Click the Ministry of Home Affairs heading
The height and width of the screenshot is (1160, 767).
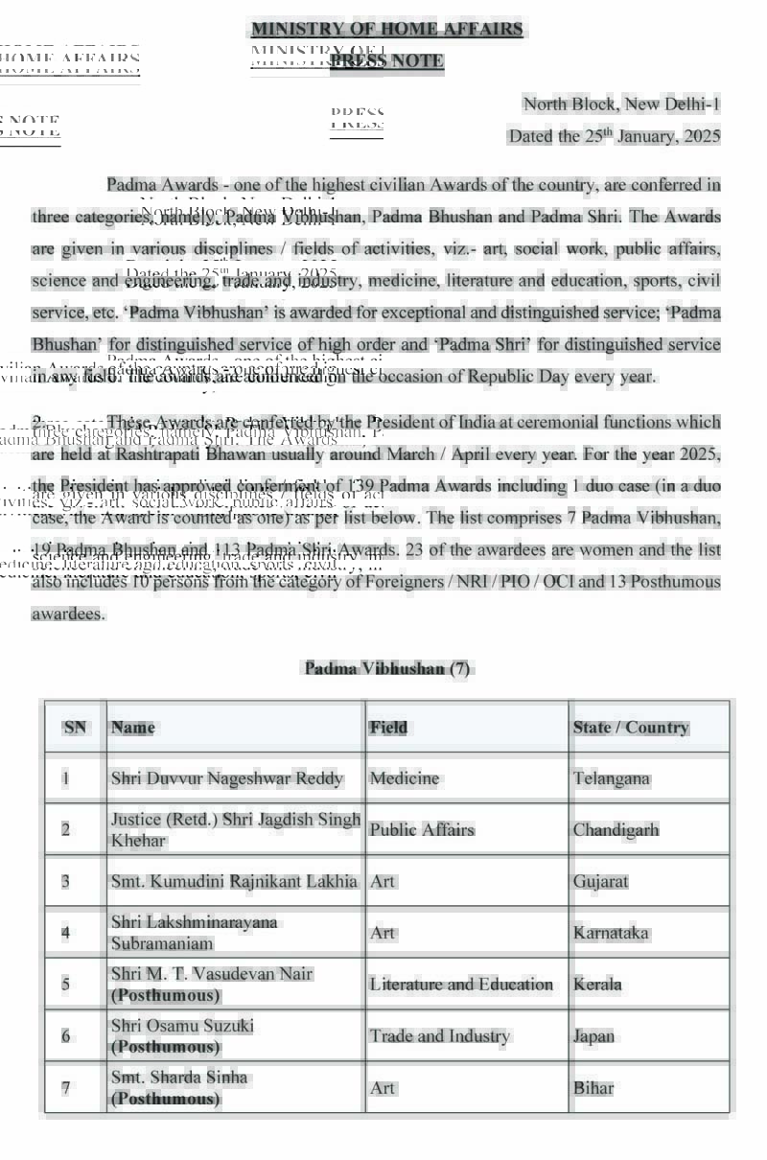tap(387, 29)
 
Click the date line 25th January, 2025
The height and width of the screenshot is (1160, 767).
tap(614, 136)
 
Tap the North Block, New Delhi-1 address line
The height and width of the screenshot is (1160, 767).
tap(621, 104)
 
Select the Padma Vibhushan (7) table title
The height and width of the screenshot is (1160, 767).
tap(387, 668)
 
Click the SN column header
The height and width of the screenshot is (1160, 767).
tap(75, 728)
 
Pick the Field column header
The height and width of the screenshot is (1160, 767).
tap(388, 728)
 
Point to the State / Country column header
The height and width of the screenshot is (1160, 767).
tap(631, 728)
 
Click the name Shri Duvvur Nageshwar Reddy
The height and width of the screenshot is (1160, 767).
tap(227, 778)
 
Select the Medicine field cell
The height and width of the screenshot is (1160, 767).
tap(405, 778)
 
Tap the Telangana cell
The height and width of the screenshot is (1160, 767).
tap(612, 778)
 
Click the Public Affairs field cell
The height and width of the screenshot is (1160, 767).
tap(422, 829)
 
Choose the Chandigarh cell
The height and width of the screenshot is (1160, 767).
tap(616, 829)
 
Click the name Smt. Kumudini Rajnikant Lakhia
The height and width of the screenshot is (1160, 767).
tap(235, 881)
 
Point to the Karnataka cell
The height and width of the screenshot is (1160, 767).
tap(612, 933)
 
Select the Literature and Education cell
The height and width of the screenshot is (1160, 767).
tap(461, 985)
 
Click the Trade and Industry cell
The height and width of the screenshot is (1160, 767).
tap(440, 1036)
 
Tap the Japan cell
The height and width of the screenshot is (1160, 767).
tap(594, 1036)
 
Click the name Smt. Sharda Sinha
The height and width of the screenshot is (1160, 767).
tap(179, 1078)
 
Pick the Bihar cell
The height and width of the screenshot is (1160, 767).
tap(593, 1088)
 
